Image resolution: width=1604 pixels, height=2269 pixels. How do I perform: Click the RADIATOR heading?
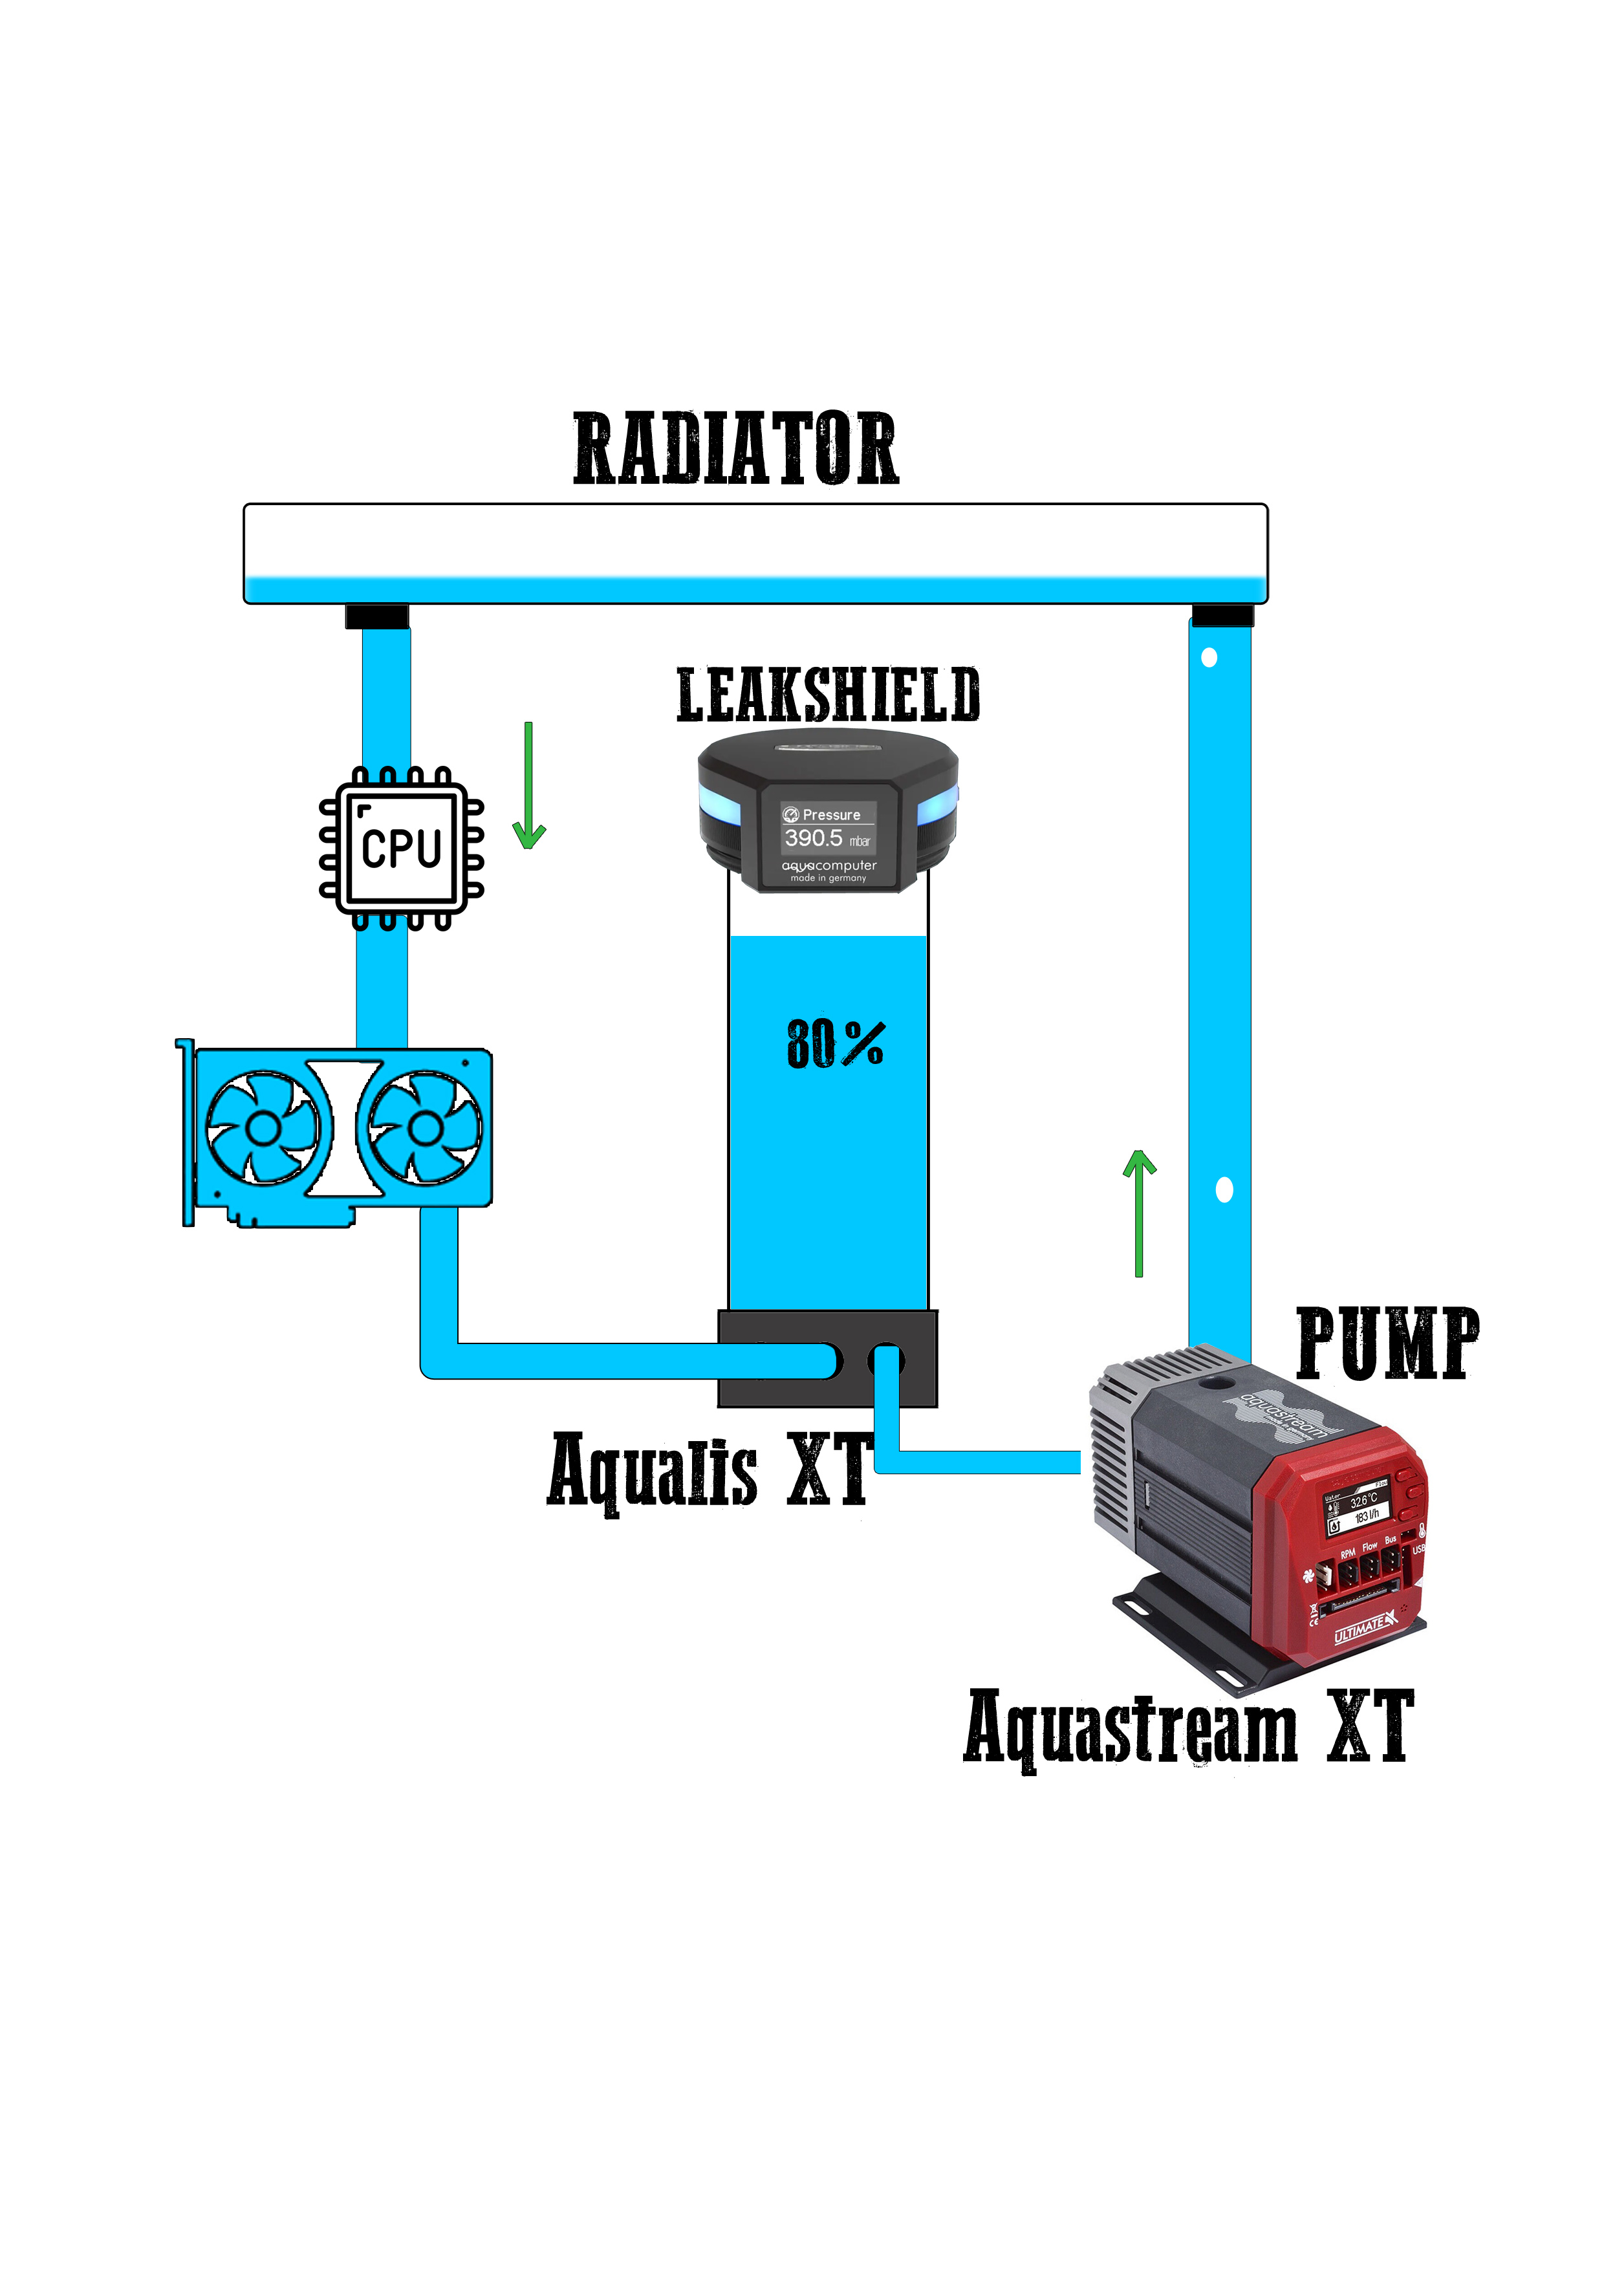(x=736, y=450)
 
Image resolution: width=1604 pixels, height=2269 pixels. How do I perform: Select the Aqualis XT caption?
(x=709, y=1470)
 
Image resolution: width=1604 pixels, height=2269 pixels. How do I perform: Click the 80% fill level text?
(x=835, y=1045)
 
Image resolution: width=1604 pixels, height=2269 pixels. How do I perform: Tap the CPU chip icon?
(x=401, y=848)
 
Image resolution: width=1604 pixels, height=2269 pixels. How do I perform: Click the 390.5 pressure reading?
(x=814, y=838)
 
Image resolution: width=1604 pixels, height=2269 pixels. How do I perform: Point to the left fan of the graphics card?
(x=263, y=1127)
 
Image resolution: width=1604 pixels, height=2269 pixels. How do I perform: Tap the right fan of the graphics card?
(x=426, y=1127)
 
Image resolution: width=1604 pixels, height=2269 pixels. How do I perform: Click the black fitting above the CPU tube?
(x=376, y=616)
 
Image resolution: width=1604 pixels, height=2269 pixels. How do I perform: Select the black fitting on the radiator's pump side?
(x=1222, y=616)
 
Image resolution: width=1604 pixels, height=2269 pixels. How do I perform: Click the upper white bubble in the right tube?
(x=1209, y=657)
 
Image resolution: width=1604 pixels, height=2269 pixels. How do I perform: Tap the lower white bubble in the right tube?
(x=1224, y=1190)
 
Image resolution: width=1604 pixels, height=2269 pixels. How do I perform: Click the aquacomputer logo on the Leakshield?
(x=829, y=865)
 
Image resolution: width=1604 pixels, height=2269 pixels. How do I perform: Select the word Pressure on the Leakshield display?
(x=831, y=815)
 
